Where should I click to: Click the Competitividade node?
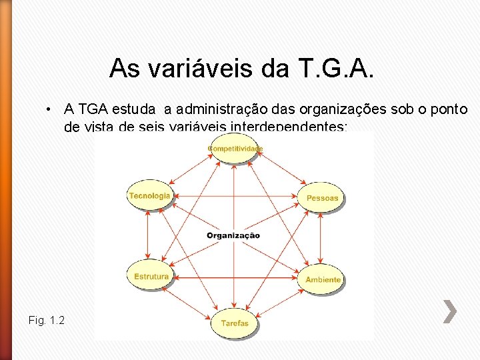point(235,149)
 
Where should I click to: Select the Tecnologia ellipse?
point(149,196)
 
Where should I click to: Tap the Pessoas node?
point(322,197)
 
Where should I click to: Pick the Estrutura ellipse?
point(151,276)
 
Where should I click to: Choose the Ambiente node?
point(323,279)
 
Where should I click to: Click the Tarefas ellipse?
point(234,323)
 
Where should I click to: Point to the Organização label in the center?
point(233,235)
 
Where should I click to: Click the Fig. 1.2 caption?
point(47,321)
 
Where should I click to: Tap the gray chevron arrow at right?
point(451,311)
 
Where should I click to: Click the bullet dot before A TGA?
point(49,109)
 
